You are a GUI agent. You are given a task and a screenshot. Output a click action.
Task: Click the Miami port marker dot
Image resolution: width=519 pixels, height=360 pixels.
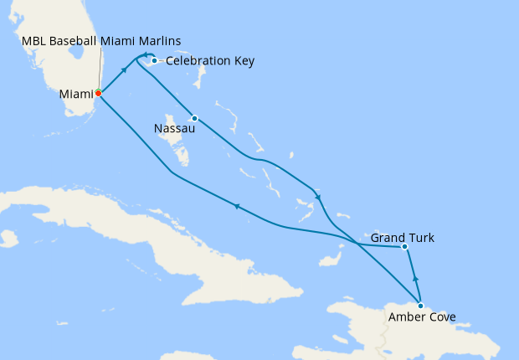click(x=98, y=93)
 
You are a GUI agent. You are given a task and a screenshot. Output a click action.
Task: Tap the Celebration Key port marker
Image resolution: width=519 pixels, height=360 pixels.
click(x=155, y=60)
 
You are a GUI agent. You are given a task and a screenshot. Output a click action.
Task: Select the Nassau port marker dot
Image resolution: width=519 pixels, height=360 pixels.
click(x=194, y=118)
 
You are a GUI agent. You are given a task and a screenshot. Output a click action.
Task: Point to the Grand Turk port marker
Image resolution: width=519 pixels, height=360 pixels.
click(x=404, y=246)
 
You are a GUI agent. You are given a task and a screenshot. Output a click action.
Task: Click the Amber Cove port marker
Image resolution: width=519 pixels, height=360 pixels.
click(x=420, y=306)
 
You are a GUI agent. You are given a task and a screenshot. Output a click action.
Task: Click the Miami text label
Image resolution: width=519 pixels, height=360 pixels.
click(x=76, y=94)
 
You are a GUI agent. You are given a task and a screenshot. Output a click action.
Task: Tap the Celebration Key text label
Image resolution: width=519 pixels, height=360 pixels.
click(x=210, y=61)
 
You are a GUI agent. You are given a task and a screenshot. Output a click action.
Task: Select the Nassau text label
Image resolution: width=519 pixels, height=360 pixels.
click(x=175, y=129)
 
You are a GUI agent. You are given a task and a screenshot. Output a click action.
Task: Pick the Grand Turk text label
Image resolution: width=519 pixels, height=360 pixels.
click(x=403, y=239)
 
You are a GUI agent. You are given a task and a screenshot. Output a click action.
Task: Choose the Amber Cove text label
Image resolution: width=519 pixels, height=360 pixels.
click(x=421, y=317)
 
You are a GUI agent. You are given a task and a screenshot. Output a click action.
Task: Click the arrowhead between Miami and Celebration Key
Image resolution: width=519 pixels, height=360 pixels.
click(x=124, y=69)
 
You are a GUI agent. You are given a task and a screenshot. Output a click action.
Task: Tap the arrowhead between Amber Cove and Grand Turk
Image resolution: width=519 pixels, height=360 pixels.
click(x=415, y=278)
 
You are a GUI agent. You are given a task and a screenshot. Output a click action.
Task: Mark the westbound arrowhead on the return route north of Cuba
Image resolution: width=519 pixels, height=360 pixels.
click(x=238, y=206)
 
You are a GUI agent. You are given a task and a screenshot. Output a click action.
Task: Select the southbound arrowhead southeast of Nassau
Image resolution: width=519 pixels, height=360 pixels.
click(x=318, y=197)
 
